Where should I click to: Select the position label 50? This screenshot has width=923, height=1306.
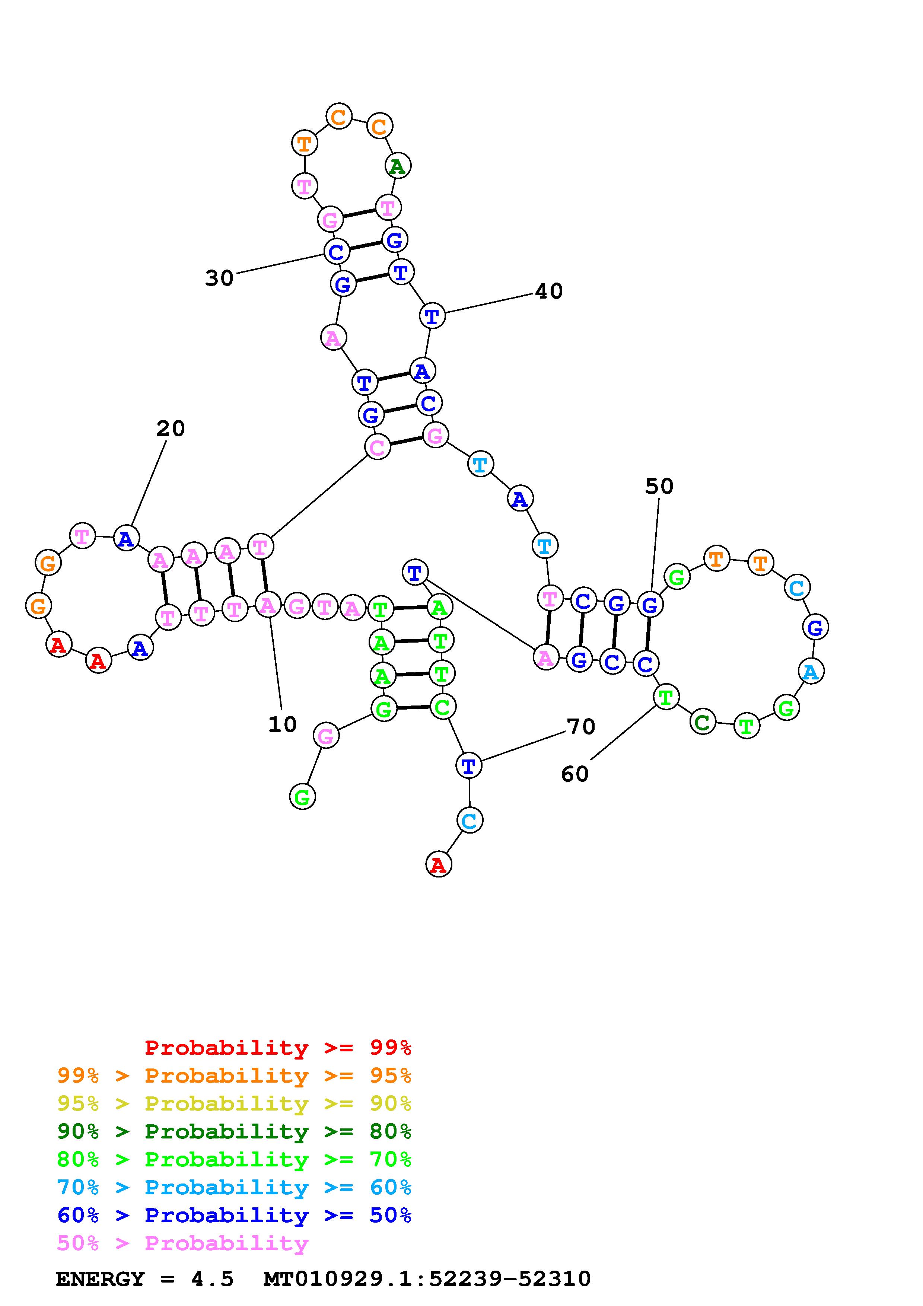click(659, 486)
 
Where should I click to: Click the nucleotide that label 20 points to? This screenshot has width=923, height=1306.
click(126, 538)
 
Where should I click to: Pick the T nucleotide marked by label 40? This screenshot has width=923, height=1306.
click(432, 316)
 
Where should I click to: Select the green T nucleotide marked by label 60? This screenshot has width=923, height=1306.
click(665, 697)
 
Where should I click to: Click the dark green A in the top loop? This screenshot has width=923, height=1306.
click(398, 166)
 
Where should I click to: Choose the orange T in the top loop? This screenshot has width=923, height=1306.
click(304, 143)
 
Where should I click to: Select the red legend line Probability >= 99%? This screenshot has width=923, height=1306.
click(278, 1047)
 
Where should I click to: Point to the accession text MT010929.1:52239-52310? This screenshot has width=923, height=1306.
click(427, 1279)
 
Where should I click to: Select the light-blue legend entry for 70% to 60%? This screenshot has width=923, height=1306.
click(234, 1187)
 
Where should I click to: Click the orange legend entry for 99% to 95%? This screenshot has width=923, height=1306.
click(234, 1075)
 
